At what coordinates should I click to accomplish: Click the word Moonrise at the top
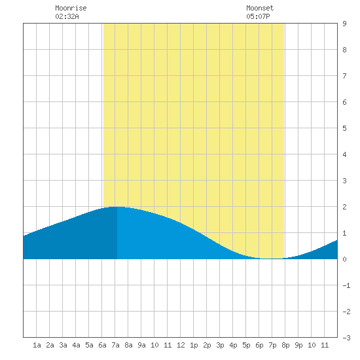pyautogui.click(x=71, y=8)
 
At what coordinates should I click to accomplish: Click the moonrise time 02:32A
pyautogui.click(x=67, y=16)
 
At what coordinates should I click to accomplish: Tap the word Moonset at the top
pyautogui.click(x=260, y=8)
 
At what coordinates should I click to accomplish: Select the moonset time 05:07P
pyautogui.click(x=258, y=16)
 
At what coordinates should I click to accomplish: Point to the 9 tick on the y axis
pyautogui.click(x=344, y=24)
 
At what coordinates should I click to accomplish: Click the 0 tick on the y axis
pyautogui.click(x=344, y=259)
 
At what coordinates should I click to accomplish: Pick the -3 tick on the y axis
pyautogui.click(x=346, y=338)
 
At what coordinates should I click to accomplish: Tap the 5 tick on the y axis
pyautogui.click(x=344, y=128)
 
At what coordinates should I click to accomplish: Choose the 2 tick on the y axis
pyautogui.click(x=344, y=207)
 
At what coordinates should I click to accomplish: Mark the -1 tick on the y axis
pyautogui.click(x=346, y=285)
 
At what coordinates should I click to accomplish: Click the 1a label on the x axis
pyautogui.click(x=37, y=345)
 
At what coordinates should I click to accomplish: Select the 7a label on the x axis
pyautogui.click(x=115, y=345)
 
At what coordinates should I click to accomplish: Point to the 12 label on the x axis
pyautogui.click(x=181, y=345)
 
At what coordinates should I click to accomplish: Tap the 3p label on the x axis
pyautogui.click(x=220, y=345)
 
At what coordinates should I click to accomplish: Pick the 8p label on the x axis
pyautogui.click(x=285, y=345)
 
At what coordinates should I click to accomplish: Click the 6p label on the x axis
pyautogui.click(x=259, y=345)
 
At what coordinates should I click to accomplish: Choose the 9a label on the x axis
pyautogui.click(x=141, y=345)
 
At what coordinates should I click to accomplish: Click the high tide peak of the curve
pyautogui.click(x=116, y=207)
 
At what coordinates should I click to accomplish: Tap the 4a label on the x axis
pyautogui.click(x=76, y=345)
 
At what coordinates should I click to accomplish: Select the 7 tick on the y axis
pyautogui.click(x=344, y=76)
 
